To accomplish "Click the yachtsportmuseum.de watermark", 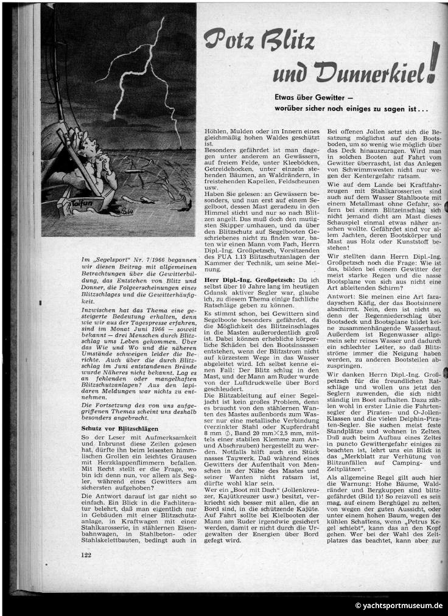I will point(399,605).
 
